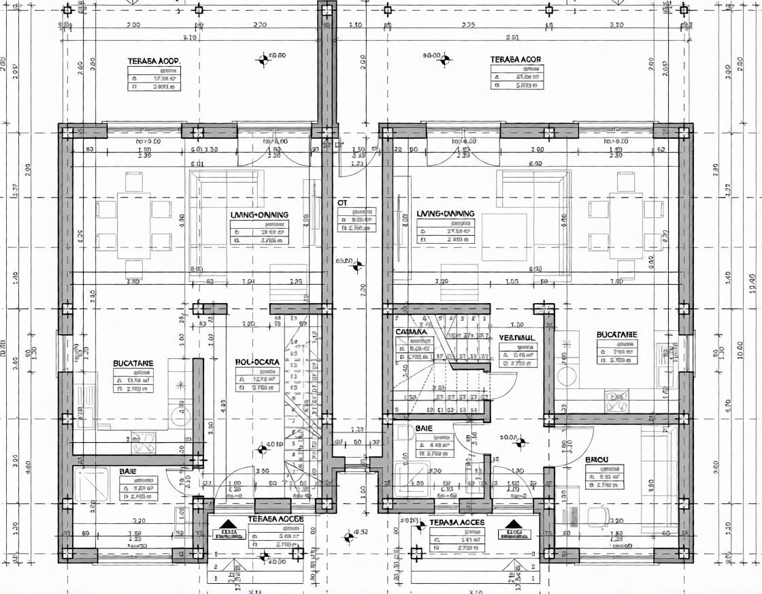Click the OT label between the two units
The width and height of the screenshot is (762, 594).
[342, 203]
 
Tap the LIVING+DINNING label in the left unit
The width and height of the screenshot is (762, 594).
[259, 215]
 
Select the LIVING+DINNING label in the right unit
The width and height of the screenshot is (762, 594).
[445, 214]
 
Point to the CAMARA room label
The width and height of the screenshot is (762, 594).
[411, 332]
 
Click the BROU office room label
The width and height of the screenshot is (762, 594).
[597, 460]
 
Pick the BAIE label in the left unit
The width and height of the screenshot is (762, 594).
[127, 471]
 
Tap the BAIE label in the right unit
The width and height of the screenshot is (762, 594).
[423, 428]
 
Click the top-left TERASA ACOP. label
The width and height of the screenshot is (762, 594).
[154, 61]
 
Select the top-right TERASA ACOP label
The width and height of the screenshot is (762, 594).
[515, 60]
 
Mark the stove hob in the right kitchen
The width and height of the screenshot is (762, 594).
[617, 401]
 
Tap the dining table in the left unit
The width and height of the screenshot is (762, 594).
[133, 225]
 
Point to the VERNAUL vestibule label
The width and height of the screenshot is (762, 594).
[516, 337]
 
